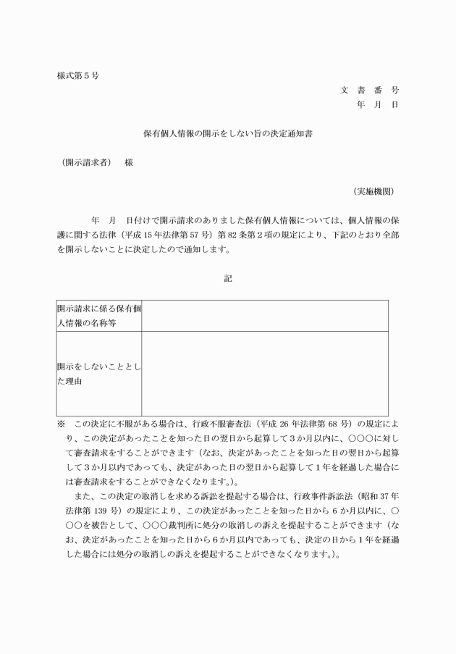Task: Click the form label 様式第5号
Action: [x=77, y=75]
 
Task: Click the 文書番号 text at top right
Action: [x=369, y=91]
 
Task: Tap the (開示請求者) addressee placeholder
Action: [x=86, y=163]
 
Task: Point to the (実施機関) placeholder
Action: [x=373, y=191]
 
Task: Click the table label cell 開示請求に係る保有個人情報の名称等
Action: [x=98, y=316]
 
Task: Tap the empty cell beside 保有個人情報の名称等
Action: [x=264, y=316]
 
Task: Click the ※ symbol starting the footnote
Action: [x=60, y=424]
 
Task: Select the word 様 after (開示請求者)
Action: [x=129, y=163]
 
